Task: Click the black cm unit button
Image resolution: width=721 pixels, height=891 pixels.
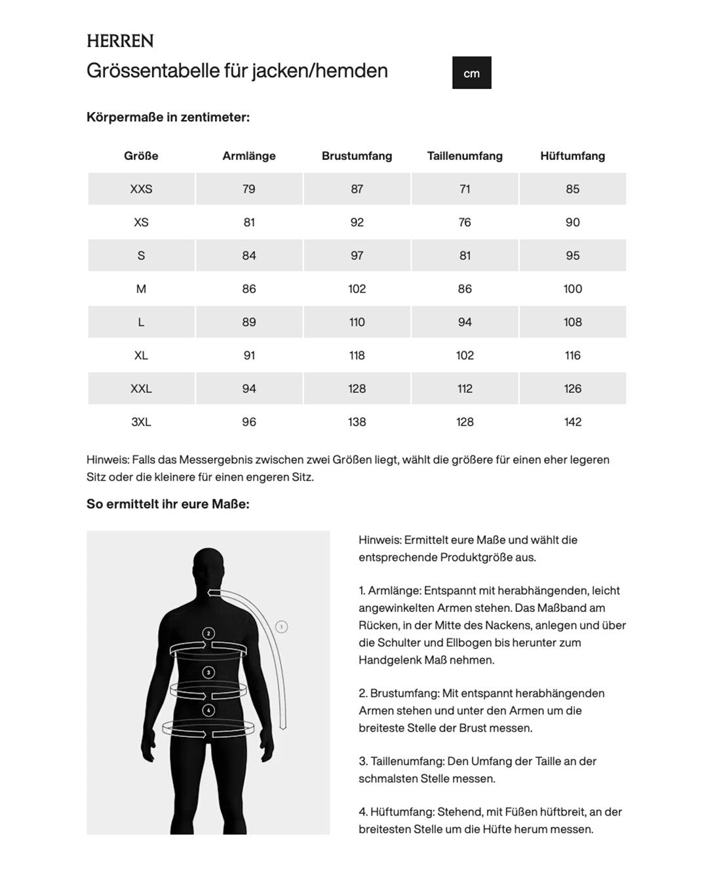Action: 471,73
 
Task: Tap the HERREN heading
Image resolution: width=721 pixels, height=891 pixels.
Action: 120,41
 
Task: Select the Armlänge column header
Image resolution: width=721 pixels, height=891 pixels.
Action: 249,156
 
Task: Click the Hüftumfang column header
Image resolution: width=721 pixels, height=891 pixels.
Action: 572,156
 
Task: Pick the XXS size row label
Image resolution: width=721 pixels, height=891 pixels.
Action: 141,189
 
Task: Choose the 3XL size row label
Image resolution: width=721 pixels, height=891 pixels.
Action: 141,422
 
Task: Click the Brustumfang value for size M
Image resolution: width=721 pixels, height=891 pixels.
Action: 357,289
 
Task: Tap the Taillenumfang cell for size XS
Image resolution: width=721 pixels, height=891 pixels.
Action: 465,222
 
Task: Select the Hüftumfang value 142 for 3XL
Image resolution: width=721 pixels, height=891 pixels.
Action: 572,422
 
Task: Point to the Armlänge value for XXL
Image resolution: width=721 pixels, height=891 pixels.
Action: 249,389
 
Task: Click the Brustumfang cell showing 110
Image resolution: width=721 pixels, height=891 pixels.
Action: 357,322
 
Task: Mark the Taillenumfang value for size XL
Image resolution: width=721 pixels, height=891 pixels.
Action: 465,355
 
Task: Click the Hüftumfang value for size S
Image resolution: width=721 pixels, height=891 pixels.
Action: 572,256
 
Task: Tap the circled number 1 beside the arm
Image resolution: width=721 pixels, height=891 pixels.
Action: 282,627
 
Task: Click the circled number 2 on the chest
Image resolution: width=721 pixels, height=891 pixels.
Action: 208,634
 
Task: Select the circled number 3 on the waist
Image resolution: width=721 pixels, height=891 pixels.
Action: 208,672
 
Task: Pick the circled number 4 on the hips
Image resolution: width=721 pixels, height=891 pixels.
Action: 208,710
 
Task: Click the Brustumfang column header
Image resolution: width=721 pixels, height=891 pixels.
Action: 357,156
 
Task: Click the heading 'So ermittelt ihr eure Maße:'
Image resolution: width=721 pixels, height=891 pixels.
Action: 168,504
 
